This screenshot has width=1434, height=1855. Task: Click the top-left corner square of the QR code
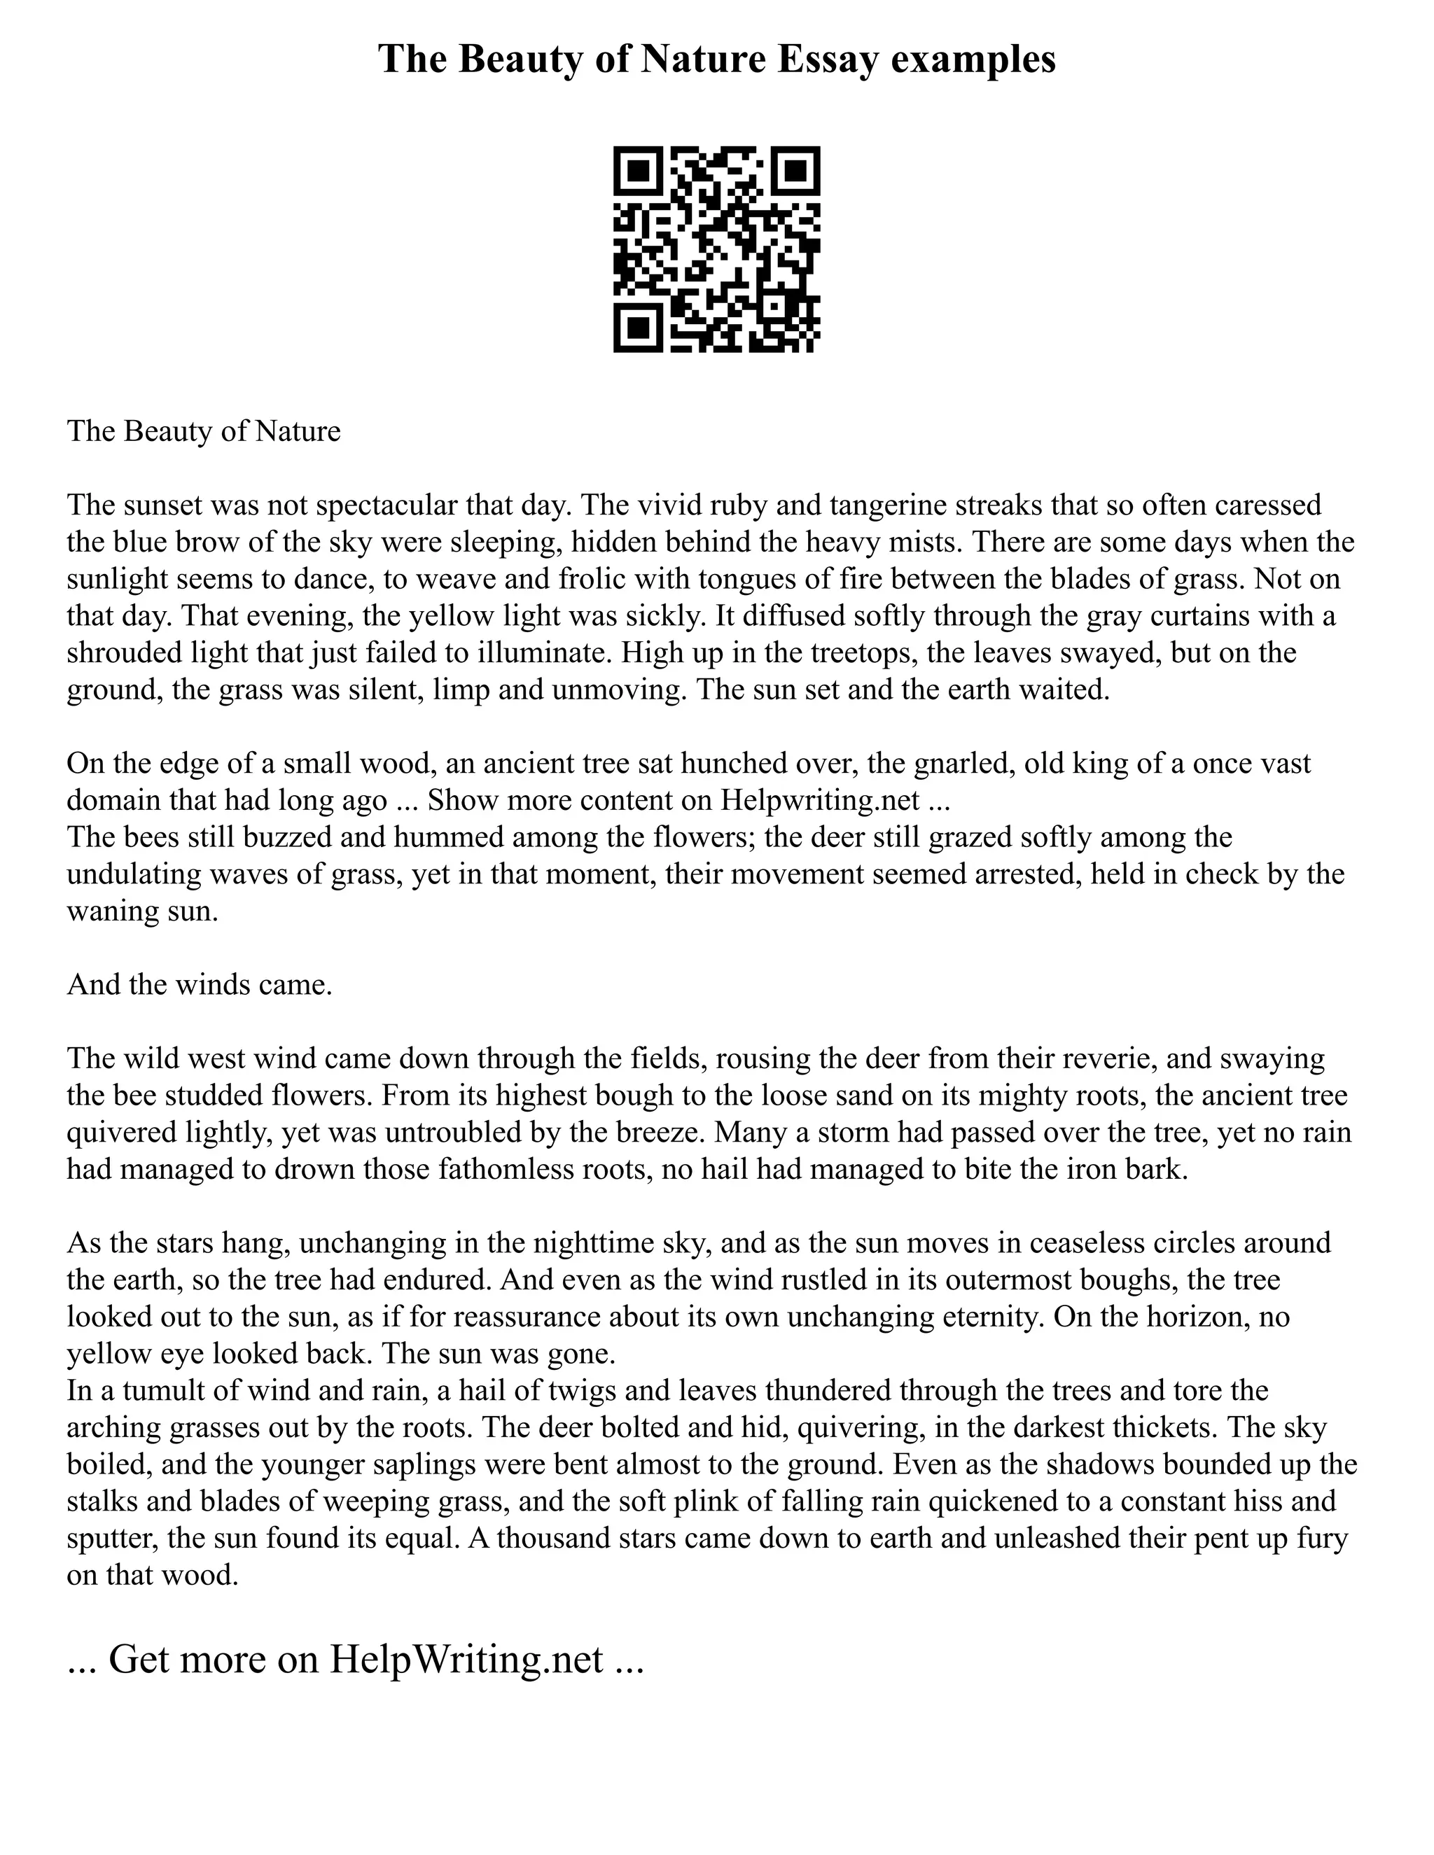638,172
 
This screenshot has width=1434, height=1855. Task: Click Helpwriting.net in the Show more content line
821,800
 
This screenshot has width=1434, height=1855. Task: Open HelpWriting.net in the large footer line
466,1659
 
